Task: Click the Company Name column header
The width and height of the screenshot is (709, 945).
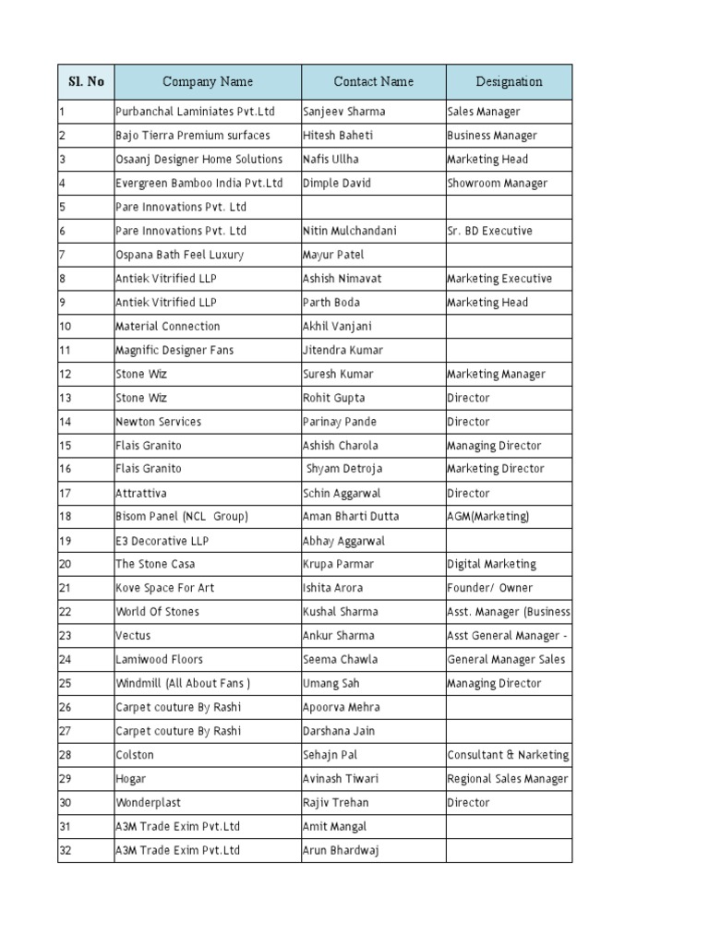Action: pos(207,81)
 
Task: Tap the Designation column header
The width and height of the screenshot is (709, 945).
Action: pos(509,81)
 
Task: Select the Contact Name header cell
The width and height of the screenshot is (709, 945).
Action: pos(373,81)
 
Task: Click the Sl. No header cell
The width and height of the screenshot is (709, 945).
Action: pos(86,81)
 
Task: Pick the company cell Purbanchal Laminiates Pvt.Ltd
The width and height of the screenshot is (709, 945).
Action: pos(195,112)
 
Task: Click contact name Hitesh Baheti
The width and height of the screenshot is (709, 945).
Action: pos(338,136)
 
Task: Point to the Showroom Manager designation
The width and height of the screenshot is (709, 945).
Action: pos(497,183)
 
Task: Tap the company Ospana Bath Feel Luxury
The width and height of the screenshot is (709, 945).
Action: pos(179,255)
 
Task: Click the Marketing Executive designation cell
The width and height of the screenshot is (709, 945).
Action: pos(499,279)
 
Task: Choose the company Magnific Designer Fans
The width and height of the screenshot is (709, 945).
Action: pos(174,350)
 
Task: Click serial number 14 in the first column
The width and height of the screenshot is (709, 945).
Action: pos(66,422)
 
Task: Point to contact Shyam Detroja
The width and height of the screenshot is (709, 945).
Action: pos(343,469)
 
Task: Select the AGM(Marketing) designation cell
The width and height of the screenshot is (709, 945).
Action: pos(487,517)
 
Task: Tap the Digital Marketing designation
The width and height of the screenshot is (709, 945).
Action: pos(491,564)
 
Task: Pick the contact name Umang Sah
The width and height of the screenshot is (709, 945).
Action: pos(330,683)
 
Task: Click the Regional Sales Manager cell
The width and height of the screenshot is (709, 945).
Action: pos(508,779)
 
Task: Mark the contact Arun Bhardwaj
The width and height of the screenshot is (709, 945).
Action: pos(340,850)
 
